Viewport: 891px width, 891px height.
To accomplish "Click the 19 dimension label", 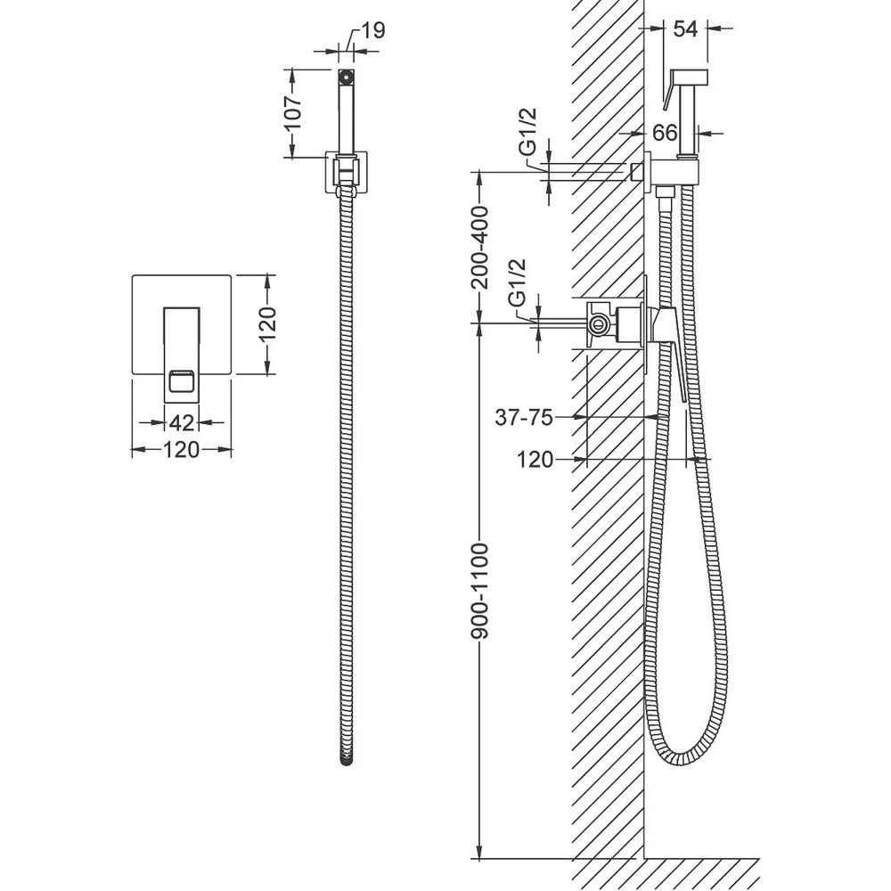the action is (x=373, y=29).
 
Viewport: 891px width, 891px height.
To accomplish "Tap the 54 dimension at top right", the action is (x=685, y=29).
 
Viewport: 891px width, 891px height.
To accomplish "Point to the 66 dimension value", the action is (x=665, y=133).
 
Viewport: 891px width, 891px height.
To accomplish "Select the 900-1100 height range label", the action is (x=481, y=591).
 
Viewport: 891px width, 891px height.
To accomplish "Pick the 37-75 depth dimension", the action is (x=523, y=418).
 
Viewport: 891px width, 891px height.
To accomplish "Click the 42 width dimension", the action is (x=183, y=422).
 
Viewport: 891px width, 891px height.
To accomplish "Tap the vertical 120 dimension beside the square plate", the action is (x=268, y=325).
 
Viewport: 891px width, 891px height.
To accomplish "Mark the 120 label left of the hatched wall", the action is (x=535, y=459).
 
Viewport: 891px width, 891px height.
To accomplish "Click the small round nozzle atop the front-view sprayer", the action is (x=344, y=75).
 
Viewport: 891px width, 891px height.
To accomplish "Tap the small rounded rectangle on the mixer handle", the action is (x=183, y=380).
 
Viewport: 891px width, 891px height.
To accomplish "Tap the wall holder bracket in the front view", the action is (x=345, y=172).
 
